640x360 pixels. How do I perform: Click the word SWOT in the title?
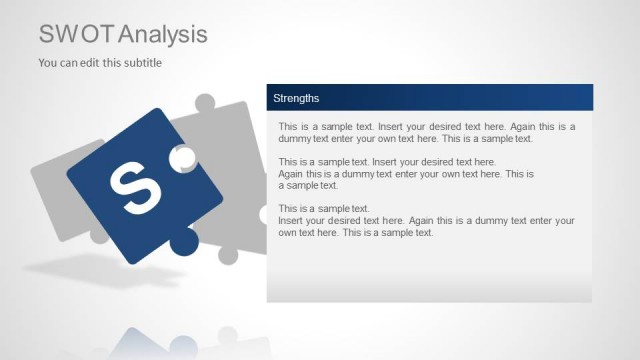(x=76, y=34)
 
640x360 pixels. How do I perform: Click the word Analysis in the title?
(x=162, y=34)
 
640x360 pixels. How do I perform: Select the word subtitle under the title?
(x=140, y=63)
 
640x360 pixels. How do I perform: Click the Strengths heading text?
(x=296, y=98)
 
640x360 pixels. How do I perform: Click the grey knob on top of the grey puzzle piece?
(x=204, y=103)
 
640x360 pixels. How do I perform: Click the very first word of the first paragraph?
(x=288, y=127)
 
